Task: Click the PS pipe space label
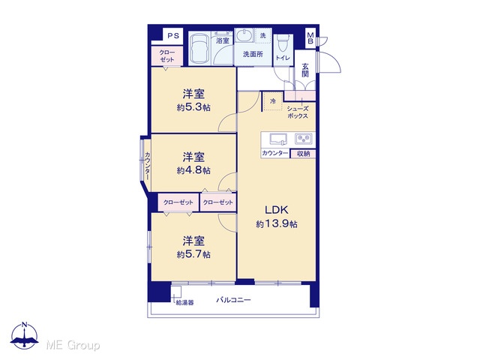click(x=173, y=36)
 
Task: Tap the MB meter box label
click(x=310, y=38)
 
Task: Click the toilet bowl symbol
click(x=283, y=43)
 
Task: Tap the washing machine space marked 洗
click(x=263, y=36)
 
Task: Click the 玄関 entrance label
click(x=305, y=70)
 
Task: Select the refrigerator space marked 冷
click(x=273, y=101)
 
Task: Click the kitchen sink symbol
click(x=278, y=139)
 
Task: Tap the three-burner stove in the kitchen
click(x=304, y=139)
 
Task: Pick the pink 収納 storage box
click(x=303, y=154)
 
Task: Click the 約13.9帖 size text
click(x=277, y=224)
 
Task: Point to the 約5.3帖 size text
click(x=193, y=108)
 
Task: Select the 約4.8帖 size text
click(x=193, y=170)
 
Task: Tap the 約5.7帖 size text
click(x=193, y=254)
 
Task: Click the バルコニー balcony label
click(x=233, y=300)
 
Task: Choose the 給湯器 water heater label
click(x=184, y=303)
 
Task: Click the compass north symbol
click(x=25, y=335)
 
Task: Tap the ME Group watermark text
click(x=73, y=345)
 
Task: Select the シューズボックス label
click(x=298, y=112)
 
